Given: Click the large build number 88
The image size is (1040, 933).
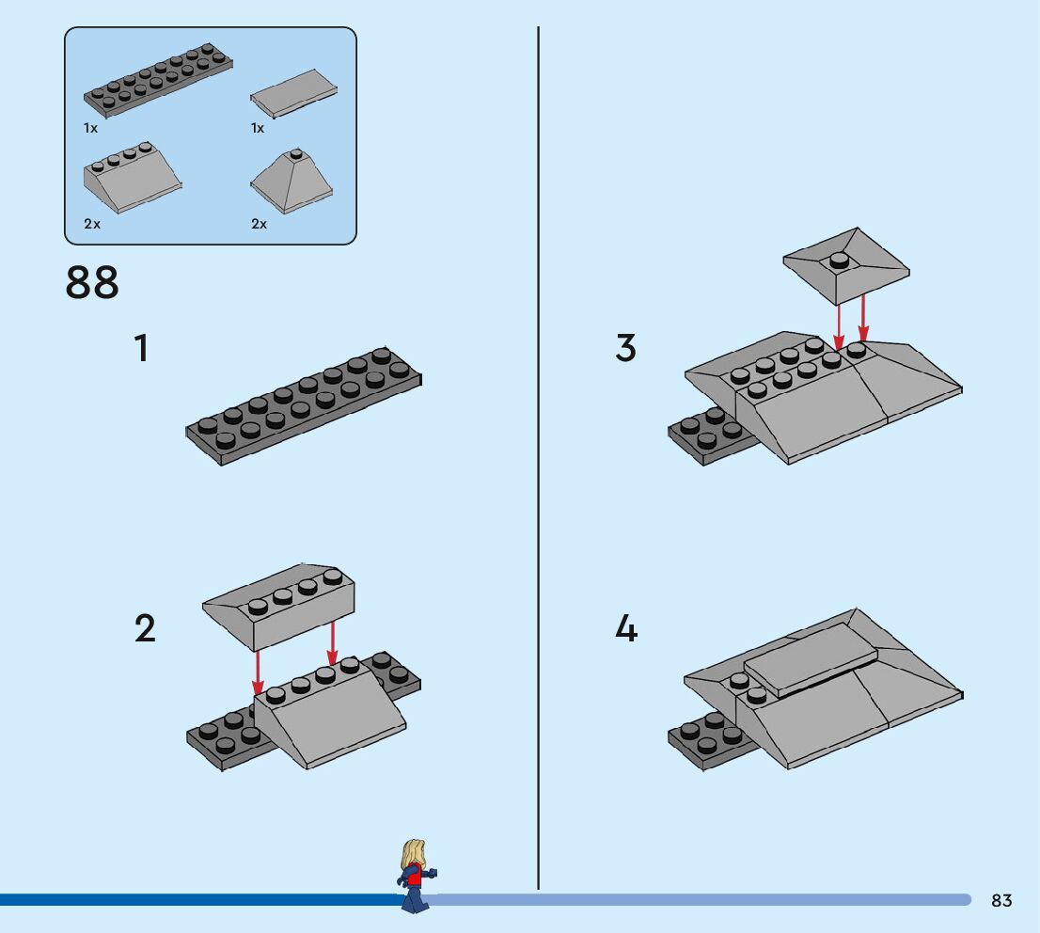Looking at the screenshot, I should (92, 282).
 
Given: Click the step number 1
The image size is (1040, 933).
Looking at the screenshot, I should (141, 349).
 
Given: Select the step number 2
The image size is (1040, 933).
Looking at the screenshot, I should (144, 628).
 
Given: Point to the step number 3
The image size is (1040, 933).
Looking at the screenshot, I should (625, 348).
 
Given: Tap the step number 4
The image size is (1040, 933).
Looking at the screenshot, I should (626, 628).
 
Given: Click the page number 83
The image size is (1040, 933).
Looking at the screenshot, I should (1001, 900).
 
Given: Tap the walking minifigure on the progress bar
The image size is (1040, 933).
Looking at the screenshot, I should (414, 877).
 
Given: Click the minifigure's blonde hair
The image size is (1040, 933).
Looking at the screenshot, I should (411, 853).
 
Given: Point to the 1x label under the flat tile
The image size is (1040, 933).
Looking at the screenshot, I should (258, 128).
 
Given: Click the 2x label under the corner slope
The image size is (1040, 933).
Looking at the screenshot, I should (260, 224).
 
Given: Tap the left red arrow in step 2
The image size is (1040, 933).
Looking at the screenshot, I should (259, 671).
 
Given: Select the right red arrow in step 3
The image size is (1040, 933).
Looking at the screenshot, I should (863, 316).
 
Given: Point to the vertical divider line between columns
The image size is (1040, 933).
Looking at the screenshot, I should (538, 470).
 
